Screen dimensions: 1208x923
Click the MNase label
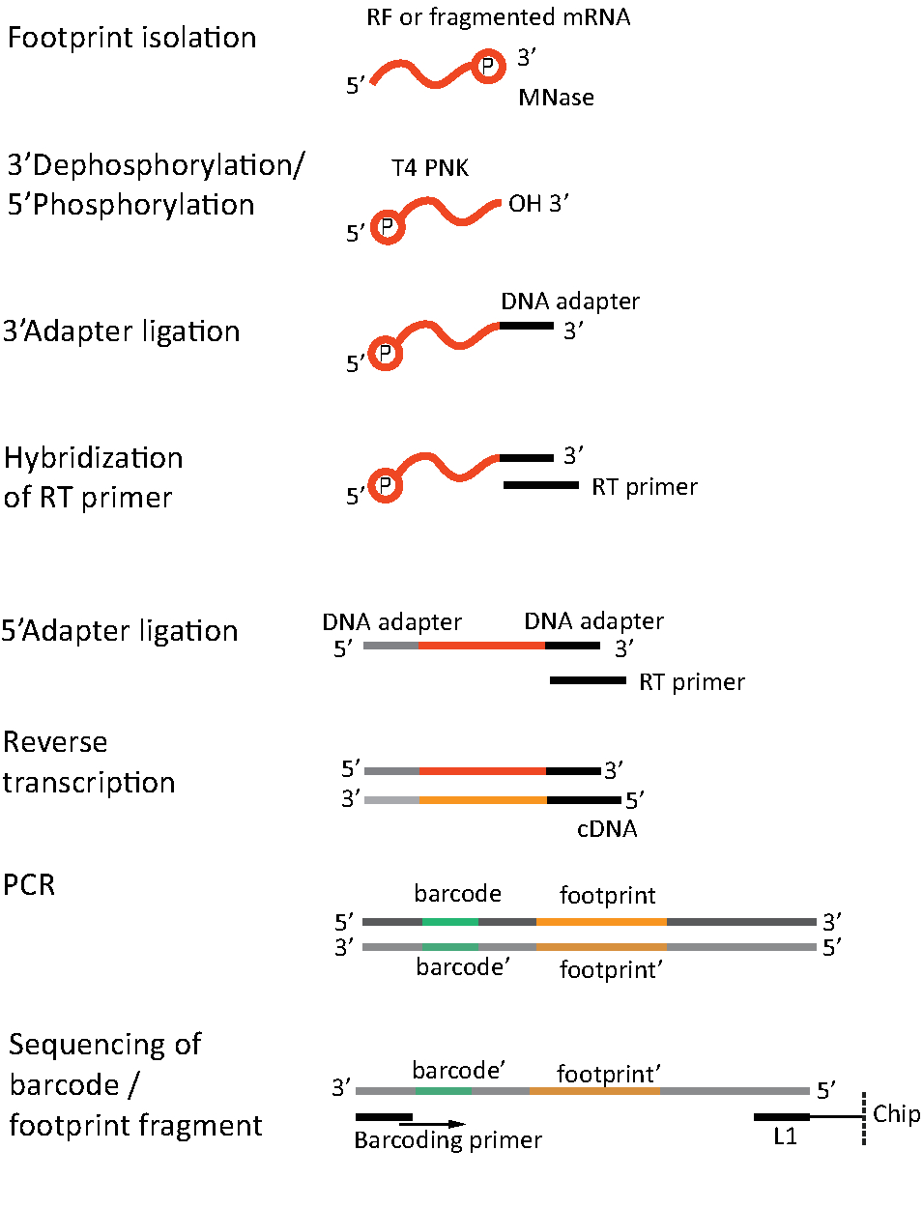coord(556,98)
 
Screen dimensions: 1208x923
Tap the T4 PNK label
coord(430,168)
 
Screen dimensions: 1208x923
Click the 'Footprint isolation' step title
coord(132,38)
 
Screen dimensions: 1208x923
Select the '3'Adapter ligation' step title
coord(122,331)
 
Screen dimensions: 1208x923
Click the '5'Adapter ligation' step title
coord(120,631)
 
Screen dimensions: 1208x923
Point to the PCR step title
coord(29,884)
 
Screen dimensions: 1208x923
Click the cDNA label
coord(607,829)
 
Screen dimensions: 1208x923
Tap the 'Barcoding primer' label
coord(447,1140)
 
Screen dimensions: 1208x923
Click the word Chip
coord(896,1114)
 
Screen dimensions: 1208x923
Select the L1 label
coord(785,1136)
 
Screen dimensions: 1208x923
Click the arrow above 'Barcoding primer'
coord(432,1124)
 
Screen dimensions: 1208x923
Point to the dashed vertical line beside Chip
coord(863,1119)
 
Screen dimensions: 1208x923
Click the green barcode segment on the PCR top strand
coord(450,922)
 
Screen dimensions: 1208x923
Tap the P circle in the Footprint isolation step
coord(488,67)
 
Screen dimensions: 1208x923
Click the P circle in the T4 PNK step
coord(387,226)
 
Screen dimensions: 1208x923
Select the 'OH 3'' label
coord(538,204)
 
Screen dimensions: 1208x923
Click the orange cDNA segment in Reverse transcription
coord(483,800)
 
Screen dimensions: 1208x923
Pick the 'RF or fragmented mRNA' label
coord(498,17)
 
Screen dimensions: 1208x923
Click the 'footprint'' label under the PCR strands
coord(611,969)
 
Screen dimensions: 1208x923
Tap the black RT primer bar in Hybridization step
coord(541,485)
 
